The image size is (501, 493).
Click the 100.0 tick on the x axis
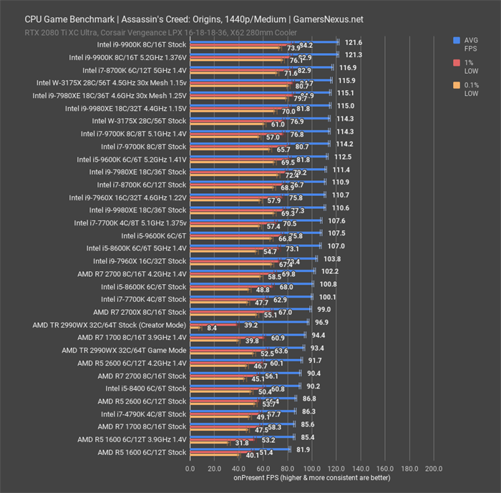coord(311,469)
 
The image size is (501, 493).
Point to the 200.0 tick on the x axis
coord(434,469)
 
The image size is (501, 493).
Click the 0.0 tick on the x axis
coord(190,469)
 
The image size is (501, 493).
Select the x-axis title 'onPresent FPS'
coord(311,478)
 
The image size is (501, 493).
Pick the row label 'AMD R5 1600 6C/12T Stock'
coord(142,452)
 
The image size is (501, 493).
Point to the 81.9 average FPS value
coord(303,449)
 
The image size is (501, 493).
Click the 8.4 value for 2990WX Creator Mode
coord(212,328)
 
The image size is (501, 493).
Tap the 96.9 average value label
coord(322,322)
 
